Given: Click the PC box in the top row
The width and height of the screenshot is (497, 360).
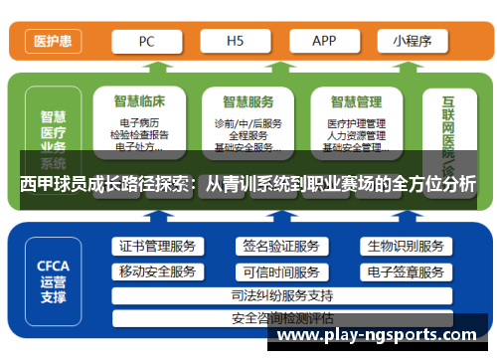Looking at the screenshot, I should tap(146, 42).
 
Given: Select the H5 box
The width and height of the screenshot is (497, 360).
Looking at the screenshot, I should tap(236, 42).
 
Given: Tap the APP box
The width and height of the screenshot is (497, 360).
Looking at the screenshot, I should tap(324, 42).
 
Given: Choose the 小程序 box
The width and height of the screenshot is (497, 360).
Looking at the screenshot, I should tap(411, 42).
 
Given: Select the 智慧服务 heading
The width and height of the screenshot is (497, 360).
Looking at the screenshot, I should tap(248, 101).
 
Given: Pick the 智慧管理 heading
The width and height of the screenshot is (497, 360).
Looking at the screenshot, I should tap(356, 101).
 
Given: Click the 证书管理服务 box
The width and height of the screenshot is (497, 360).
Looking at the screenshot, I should tap(157, 247).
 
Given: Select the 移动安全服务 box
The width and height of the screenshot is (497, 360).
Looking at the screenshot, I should tap(157, 271).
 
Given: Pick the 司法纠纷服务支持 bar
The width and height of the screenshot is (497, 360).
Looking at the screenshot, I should tap(281, 295).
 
